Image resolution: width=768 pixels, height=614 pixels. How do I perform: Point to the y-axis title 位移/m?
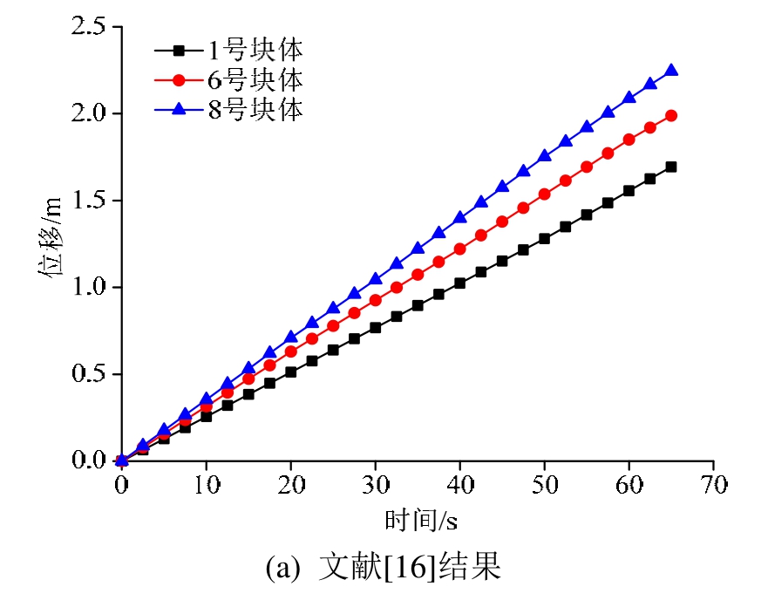pyautogui.click(x=50, y=245)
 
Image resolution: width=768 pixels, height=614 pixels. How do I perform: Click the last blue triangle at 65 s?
pyautogui.click(x=671, y=71)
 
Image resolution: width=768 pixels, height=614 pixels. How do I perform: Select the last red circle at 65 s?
pyautogui.click(x=671, y=115)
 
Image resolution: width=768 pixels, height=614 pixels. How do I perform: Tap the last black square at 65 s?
pyautogui.click(x=671, y=167)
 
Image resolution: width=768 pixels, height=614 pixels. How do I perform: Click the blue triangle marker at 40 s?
pyautogui.click(x=459, y=217)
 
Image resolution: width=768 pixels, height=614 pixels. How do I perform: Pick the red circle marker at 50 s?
pyautogui.click(x=544, y=194)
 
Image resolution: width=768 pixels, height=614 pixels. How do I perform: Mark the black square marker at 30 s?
pyautogui.click(x=375, y=328)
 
